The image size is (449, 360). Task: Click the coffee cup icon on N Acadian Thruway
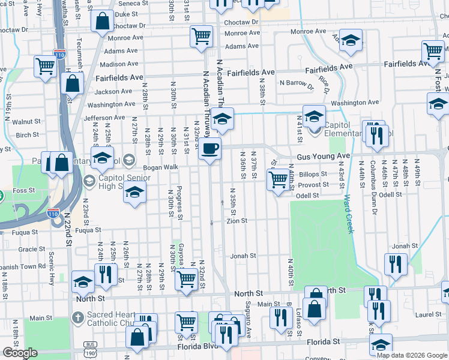[209, 148]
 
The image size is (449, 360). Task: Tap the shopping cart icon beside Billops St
[277, 179]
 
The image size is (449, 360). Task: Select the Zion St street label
[237, 221]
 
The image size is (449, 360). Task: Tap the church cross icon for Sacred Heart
[77, 316]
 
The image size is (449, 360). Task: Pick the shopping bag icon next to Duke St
[103, 22]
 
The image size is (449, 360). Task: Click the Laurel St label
[429, 314]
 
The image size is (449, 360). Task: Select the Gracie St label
[28, 249]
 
